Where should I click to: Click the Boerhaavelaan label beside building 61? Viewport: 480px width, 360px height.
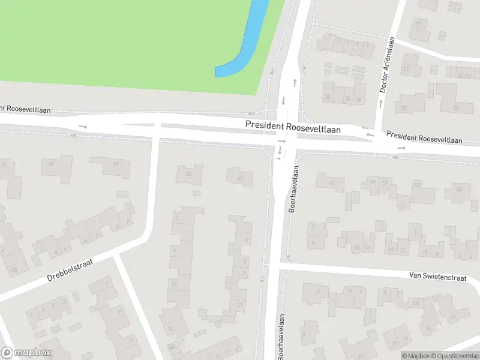coord(294,191)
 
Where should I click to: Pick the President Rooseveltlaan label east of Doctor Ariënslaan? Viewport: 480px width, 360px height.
coord(424,137)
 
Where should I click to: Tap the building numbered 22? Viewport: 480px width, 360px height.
coord(404,108)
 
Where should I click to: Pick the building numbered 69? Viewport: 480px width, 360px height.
coord(56,166)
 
